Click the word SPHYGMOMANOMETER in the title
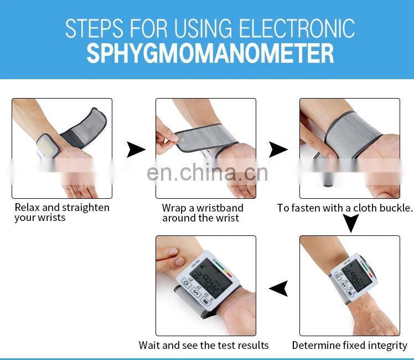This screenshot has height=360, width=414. click(210, 54)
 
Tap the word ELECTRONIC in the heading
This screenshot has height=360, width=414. click(297, 28)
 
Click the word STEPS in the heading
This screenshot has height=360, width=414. click(94, 28)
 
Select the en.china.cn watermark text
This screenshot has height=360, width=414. click(207, 173)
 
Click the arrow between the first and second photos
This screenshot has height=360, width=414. click(136, 150)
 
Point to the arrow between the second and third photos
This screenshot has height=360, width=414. click(278, 150)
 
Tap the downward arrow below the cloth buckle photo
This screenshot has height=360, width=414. click(351, 223)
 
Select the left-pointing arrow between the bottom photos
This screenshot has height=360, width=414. click(278, 289)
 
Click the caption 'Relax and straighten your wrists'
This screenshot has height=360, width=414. click(62, 213)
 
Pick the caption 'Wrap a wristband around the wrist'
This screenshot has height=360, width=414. click(203, 213)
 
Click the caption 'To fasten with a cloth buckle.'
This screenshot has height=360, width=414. click(345, 208)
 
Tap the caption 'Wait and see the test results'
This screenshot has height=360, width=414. click(204, 345)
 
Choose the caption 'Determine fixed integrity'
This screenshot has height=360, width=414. click(350, 346)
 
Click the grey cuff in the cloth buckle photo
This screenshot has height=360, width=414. click(353, 134)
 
